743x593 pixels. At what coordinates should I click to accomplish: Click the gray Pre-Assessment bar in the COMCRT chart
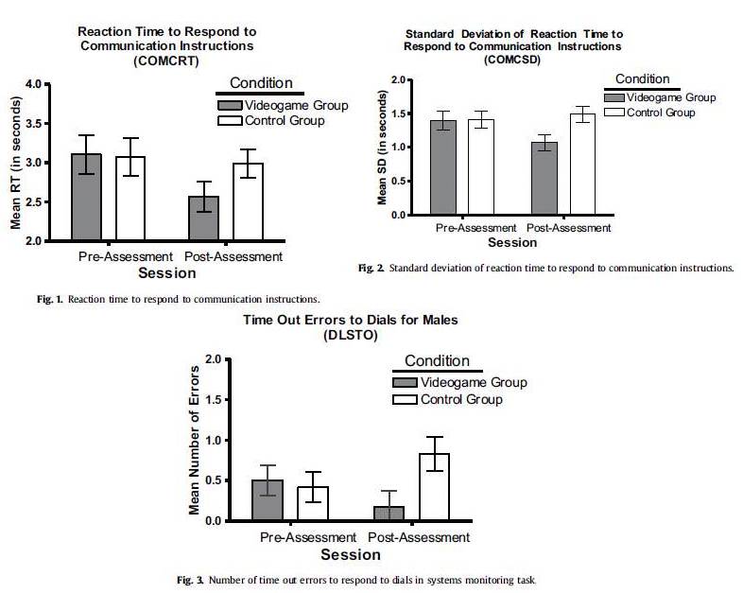click(x=86, y=197)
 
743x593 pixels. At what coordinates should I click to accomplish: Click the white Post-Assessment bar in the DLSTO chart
click(x=434, y=487)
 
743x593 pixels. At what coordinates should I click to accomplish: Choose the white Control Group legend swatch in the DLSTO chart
click(x=405, y=399)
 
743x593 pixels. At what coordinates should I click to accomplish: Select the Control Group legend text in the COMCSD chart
click(x=659, y=113)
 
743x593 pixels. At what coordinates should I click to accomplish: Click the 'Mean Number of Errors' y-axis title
click(x=195, y=440)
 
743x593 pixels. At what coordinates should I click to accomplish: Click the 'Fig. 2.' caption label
click(x=371, y=269)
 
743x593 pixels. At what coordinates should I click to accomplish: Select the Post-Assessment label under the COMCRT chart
click(x=233, y=256)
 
